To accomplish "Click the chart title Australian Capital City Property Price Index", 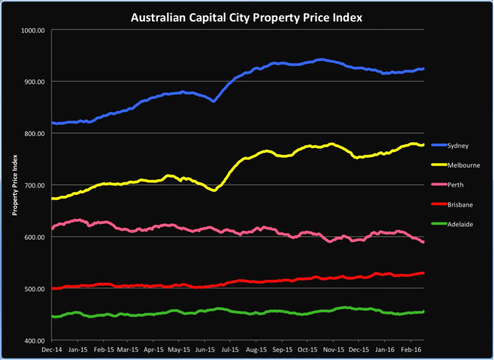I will [x=246, y=18].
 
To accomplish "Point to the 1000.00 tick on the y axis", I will [x=32, y=30].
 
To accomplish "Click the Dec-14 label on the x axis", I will [x=52, y=349].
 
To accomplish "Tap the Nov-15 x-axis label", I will [x=333, y=349].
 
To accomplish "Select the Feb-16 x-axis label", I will [x=411, y=349].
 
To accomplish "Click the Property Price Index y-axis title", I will [x=16, y=185].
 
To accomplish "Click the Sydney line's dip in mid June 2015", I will [x=213, y=101].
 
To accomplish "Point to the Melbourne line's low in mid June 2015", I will [x=214, y=190].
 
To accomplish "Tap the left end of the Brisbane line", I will [x=53, y=288].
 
